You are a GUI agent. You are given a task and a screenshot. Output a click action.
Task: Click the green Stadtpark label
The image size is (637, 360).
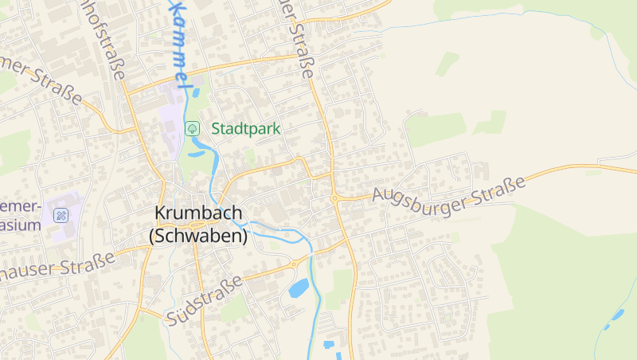click(x=246, y=128)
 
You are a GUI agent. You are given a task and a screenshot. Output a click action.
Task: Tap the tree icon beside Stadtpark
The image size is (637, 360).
click(x=192, y=128)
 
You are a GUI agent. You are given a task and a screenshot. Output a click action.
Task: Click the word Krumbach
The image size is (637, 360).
click(x=198, y=214)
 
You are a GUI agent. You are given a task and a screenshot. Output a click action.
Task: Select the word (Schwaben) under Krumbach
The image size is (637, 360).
click(x=198, y=236)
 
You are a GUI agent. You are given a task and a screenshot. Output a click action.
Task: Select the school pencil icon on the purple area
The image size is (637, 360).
click(x=61, y=215)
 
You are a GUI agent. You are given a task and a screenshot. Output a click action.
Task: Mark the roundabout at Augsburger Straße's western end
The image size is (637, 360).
click(x=335, y=199)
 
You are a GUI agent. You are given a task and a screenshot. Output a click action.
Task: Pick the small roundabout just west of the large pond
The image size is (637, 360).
click(x=293, y=264)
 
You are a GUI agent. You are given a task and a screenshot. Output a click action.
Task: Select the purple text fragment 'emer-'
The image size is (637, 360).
click(x=20, y=207)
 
